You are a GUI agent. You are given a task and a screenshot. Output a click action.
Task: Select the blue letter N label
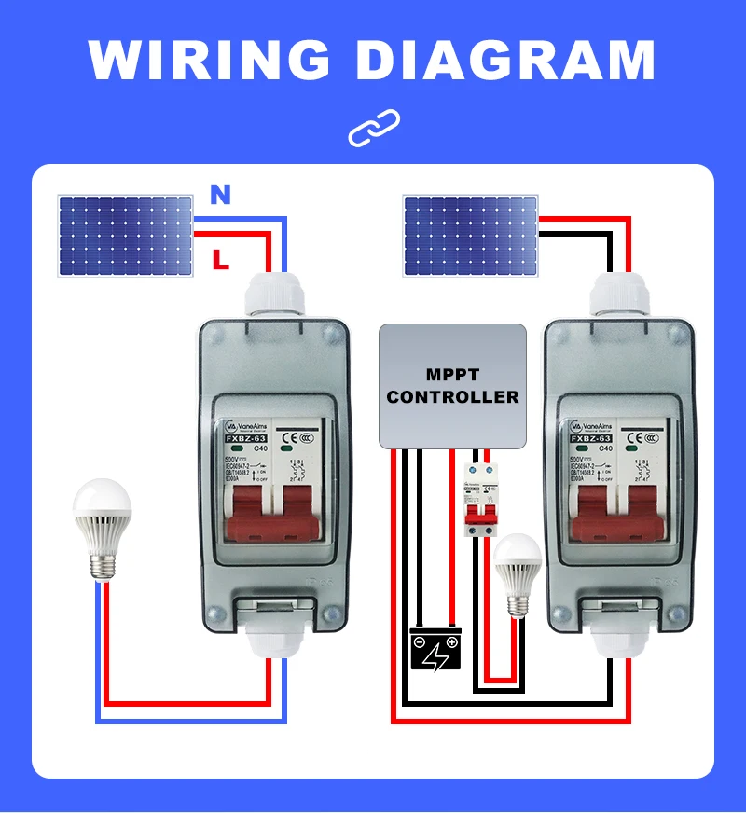(x=220, y=195)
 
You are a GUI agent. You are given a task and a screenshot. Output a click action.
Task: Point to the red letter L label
(x=220, y=259)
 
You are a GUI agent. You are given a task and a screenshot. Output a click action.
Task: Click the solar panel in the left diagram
(x=125, y=235)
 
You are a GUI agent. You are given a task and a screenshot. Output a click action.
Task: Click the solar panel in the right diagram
(x=470, y=235)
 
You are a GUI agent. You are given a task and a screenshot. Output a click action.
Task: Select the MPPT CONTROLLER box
(x=452, y=385)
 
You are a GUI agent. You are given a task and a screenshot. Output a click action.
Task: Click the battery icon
(x=436, y=649)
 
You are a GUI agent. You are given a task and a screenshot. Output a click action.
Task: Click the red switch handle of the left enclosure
(x=270, y=514)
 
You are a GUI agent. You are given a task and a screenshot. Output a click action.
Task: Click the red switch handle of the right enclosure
(x=616, y=514)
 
